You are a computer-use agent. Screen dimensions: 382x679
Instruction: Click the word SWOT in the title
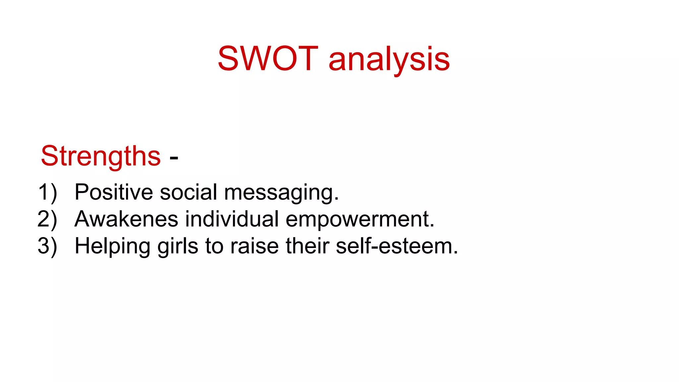tap(268, 59)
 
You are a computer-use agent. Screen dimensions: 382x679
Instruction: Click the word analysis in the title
tap(389, 60)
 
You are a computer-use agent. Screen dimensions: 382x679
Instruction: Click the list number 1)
tap(47, 192)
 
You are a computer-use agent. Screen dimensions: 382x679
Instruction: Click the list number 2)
tap(47, 219)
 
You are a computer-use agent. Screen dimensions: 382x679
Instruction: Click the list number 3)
tap(47, 246)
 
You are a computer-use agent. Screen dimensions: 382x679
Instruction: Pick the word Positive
tap(113, 192)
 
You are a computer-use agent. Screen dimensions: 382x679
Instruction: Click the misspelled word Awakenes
tap(126, 219)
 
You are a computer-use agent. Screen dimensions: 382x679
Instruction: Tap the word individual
tap(232, 219)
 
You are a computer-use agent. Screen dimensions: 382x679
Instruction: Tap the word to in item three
tap(214, 246)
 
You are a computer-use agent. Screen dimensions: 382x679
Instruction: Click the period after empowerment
tap(432, 226)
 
